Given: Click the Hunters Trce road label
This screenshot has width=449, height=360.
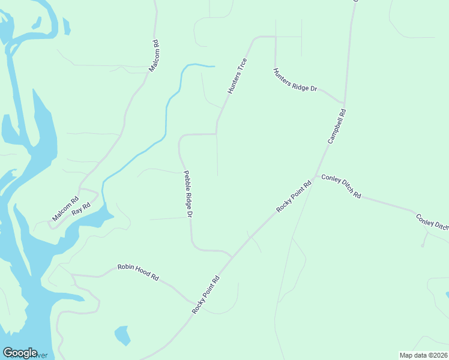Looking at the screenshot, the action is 237,76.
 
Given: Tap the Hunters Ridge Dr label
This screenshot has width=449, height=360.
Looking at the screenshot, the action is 295,80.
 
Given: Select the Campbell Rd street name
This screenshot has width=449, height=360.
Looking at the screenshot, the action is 337,126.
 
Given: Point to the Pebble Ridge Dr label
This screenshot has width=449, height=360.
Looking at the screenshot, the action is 188,193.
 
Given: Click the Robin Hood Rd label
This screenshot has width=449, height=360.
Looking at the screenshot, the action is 137,272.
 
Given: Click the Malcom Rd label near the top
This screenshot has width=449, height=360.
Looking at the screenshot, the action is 154,56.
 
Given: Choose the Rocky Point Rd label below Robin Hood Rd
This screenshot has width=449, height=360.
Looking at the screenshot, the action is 206,295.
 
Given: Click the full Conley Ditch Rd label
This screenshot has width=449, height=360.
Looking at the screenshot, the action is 341,187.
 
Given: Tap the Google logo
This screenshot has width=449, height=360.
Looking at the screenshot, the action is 20,353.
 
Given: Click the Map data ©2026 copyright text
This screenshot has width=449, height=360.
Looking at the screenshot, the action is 423,355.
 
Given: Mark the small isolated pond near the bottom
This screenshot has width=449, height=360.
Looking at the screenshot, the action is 122,335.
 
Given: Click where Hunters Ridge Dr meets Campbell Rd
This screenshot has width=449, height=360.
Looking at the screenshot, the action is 344,103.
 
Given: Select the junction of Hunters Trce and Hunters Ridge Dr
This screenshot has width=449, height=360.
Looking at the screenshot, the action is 275,37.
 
